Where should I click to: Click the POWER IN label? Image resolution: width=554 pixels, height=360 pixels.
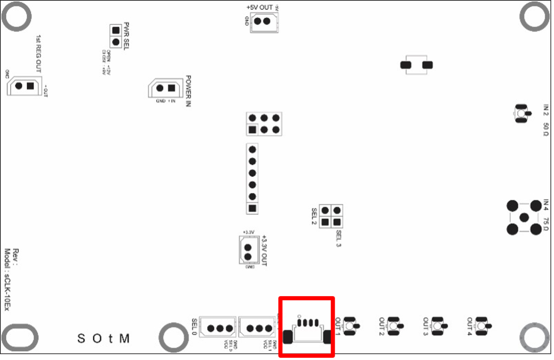188,91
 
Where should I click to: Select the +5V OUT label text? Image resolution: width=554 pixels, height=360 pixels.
260,8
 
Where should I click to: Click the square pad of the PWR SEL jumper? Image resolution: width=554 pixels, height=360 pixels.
116,30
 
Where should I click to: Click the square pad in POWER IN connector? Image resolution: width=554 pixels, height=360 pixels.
171,88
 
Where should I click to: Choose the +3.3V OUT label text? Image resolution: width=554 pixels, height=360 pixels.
264,251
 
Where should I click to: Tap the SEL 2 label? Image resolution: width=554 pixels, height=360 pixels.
314,216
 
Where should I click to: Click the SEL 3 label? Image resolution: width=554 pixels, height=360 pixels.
339,239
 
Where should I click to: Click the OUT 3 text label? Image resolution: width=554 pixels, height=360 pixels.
426,326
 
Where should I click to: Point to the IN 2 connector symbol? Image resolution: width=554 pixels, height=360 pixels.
520,113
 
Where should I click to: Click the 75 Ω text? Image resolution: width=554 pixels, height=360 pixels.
546,225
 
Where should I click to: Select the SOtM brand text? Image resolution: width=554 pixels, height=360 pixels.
103,339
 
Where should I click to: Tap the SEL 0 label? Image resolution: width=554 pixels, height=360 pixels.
195,327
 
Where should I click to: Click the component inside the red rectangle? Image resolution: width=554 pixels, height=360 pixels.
307,330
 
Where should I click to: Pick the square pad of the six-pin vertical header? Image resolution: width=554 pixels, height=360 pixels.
252,208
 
